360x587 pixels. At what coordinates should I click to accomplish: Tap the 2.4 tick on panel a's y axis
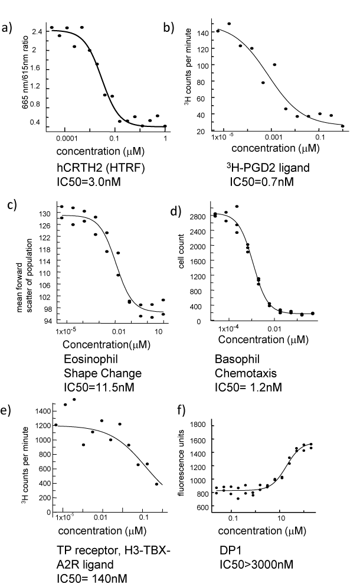[37, 31]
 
